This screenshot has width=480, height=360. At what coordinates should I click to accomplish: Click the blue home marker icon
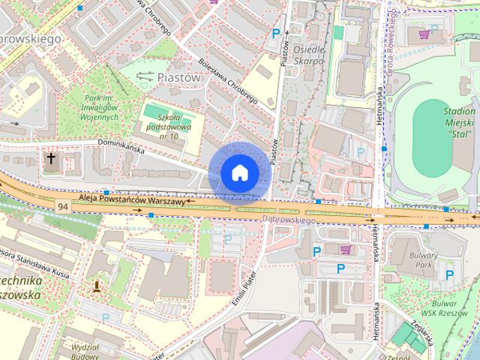click(239, 173)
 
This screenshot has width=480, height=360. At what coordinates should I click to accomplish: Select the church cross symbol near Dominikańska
click(51, 159)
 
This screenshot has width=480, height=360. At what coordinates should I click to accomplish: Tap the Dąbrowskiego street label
click(289, 220)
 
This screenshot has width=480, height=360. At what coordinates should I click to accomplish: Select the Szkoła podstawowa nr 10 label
click(163, 121)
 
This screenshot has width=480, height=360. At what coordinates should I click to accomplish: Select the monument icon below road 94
click(96, 285)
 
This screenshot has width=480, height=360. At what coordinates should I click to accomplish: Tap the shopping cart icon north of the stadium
click(425, 34)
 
